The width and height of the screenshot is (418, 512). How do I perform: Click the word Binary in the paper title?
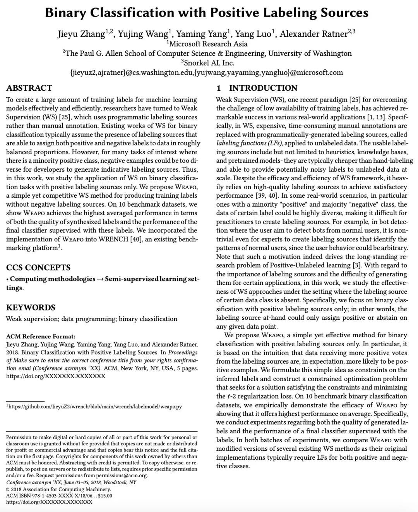(65, 13)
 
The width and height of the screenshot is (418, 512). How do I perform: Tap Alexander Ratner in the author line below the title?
(313, 34)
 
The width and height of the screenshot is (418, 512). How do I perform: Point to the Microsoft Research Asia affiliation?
(209, 44)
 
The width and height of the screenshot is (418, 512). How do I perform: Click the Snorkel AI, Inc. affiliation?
(209, 63)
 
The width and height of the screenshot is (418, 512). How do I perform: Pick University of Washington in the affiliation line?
(310, 53)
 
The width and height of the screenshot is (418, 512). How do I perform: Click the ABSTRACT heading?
(29, 88)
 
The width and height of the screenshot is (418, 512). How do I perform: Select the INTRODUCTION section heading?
(263, 88)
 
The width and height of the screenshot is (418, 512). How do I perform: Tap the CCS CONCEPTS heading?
(38, 267)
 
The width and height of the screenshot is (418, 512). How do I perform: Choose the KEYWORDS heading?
(31, 307)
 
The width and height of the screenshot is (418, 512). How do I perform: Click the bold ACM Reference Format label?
(41, 336)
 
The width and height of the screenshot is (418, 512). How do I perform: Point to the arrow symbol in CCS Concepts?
(100, 279)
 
